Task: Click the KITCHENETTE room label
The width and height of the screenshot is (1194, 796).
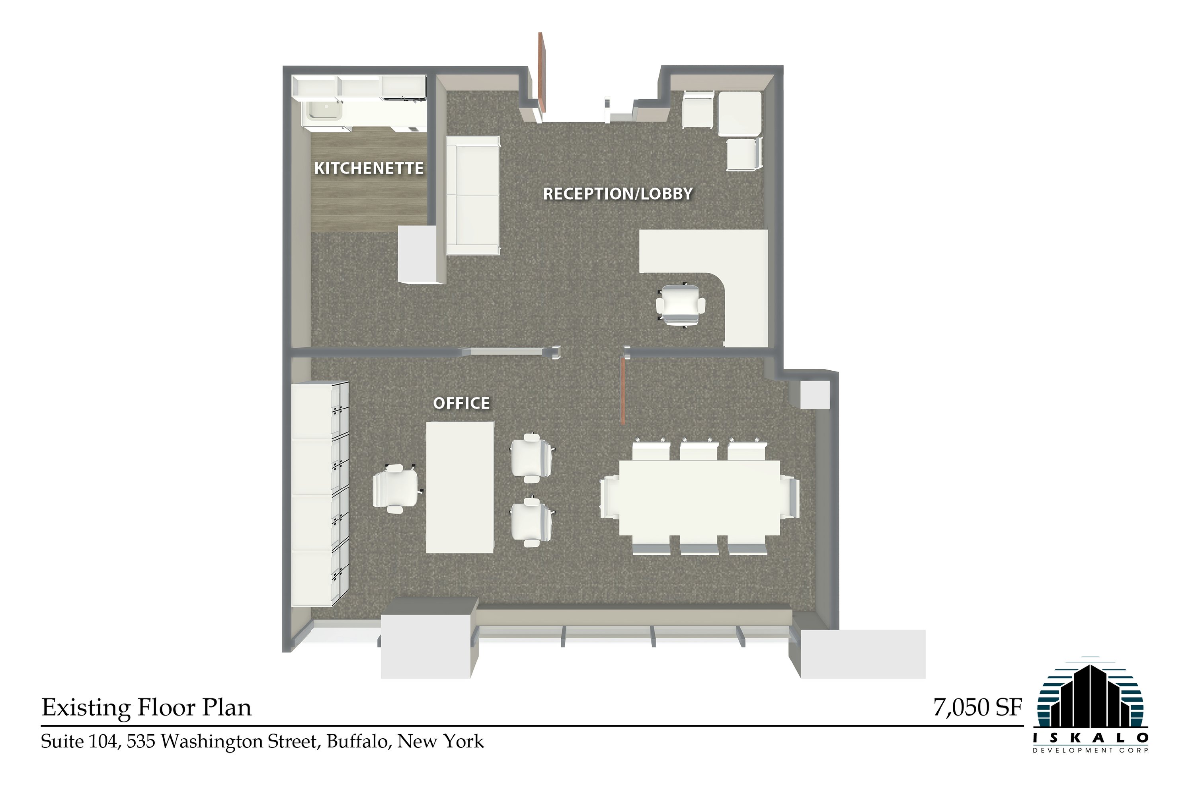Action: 369,168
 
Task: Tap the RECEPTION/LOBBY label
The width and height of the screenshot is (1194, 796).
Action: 618,194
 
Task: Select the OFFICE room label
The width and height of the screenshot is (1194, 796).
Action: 461,403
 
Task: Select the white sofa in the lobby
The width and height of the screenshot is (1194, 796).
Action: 473,196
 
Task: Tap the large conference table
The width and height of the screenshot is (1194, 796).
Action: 699,497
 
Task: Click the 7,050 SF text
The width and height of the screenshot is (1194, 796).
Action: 977,707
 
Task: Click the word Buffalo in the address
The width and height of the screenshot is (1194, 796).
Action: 359,742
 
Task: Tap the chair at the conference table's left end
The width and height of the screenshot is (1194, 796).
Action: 609,497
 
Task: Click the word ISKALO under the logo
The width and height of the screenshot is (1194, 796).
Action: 1091,737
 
